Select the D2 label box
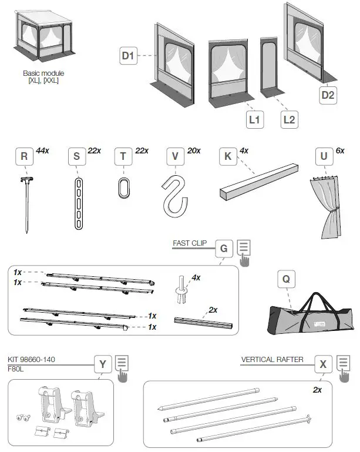coord(328,95)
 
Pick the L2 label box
coord(288,119)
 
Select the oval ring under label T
coord(123,190)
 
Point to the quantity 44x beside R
coord(43,151)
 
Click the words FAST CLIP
coord(189,243)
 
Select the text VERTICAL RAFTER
coord(272,359)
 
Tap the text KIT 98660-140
coord(32,359)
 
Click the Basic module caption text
coord(43,76)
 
